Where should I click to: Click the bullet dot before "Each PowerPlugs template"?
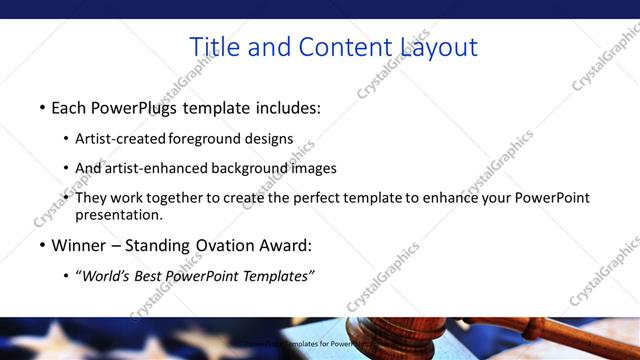42,107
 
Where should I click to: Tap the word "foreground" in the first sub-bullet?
210,138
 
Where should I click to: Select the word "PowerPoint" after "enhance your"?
554,198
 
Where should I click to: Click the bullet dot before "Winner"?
42,244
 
